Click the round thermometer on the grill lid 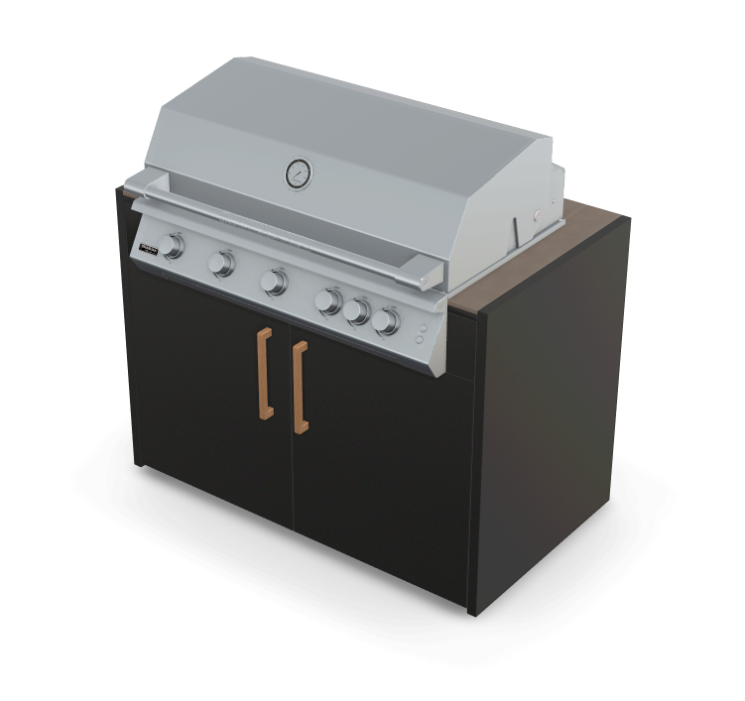pos(297,174)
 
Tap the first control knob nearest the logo pos(175,246)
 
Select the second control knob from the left pos(222,263)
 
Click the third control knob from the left pos(273,282)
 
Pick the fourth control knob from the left pos(329,300)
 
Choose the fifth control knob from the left pos(357,311)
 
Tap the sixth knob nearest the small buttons pos(387,320)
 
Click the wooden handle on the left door pos(265,374)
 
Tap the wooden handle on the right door pos(300,387)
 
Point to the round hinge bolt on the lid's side pos(537,213)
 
